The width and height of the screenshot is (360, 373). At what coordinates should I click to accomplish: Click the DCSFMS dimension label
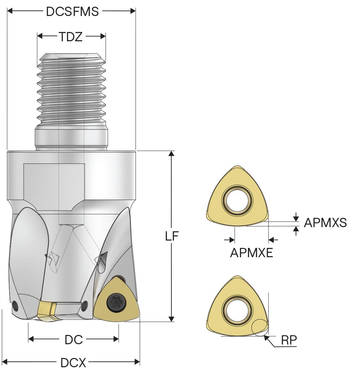[x=72, y=11]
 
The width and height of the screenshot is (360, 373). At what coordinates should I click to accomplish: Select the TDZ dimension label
[x=70, y=37]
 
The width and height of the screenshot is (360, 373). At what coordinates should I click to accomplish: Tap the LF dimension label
[x=172, y=236]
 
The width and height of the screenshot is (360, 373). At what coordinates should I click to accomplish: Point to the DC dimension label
[x=74, y=339]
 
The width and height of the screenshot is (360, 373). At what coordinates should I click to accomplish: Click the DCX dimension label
[x=73, y=363]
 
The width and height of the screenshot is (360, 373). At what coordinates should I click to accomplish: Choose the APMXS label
[x=325, y=222]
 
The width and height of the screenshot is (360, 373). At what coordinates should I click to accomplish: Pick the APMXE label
[x=252, y=253]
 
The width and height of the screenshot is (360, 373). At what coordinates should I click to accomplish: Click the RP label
[x=289, y=341]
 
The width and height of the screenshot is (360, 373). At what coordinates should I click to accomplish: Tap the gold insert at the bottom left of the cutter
[x=45, y=310]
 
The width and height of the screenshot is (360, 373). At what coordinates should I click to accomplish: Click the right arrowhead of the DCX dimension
[x=137, y=362]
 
